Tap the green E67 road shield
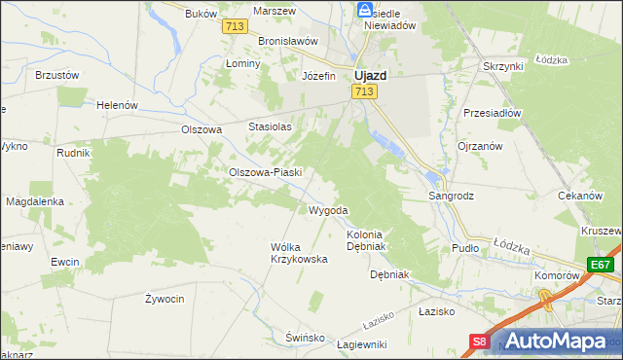602,265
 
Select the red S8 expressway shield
479,342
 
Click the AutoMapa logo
561,342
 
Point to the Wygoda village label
328,210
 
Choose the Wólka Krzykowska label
299,253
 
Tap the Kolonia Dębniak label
367,240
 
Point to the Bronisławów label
289,42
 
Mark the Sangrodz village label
452,196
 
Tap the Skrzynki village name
503,65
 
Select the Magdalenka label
35,201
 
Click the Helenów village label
118,105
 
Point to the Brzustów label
56,74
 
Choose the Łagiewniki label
361,344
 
